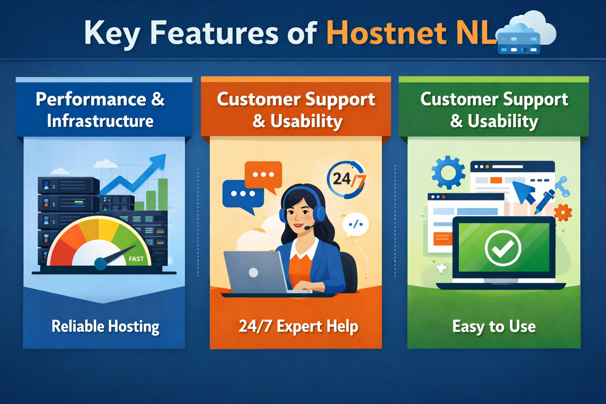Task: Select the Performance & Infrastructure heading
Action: pos(100,110)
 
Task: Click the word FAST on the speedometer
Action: pos(136,259)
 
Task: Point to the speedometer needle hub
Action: pos(101,264)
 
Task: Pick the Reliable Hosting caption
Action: pos(105,327)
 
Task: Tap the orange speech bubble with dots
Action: pos(264,175)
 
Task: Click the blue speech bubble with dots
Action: pos(243,194)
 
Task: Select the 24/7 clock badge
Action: pos(346,180)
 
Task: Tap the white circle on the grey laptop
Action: pos(253,272)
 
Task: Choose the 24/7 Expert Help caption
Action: pos(298,327)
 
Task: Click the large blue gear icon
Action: pos(448,172)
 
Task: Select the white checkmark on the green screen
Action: pos(503,248)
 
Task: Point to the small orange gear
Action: pos(563,213)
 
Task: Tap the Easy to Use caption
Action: pos(494,327)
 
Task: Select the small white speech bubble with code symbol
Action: pos(355,224)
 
